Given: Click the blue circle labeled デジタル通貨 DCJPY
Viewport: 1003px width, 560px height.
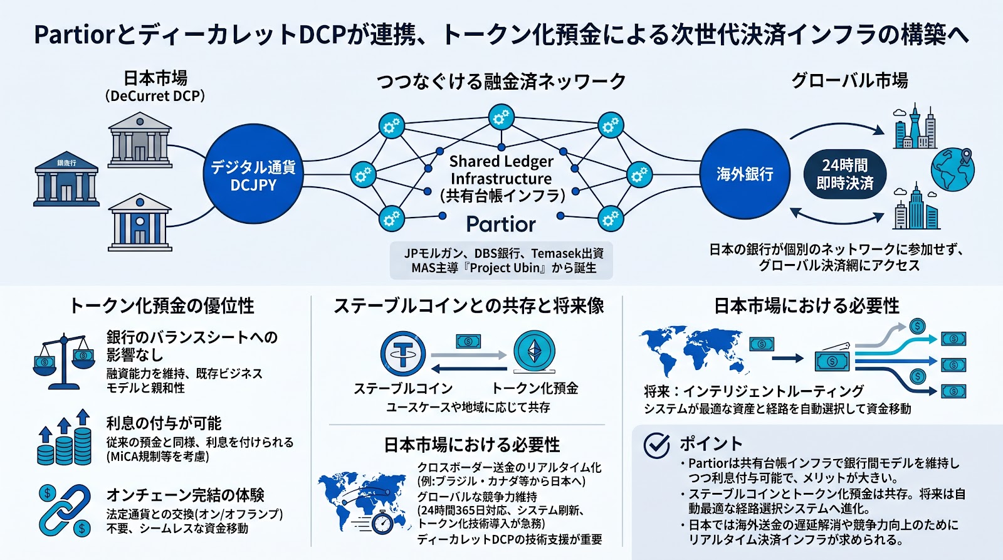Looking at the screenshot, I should pyautogui.click(x=253, y=175).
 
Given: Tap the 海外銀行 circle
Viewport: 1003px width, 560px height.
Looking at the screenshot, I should pyautogui.click(x=745, y=174).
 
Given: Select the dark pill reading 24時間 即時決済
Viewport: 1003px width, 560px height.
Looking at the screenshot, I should pyautogui.click(x=844, y=174).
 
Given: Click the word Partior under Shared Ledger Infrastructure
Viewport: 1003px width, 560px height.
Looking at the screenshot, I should pyautogui.click(x=501, y=224).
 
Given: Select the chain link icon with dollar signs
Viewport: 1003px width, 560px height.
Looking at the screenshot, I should pyautogui.click(x=65, y=510).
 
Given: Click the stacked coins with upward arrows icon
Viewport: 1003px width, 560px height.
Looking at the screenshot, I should pyautogui.click(x=65, y=439).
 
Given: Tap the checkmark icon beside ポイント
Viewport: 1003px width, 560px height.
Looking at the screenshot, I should pyautogui.click(x=657, y=445).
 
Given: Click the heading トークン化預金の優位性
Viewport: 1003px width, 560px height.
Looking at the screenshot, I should pyautogui.click(x=162, y=306).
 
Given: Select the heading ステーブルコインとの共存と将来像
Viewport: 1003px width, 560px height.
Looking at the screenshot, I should pyautogui.click(x=468, y=306).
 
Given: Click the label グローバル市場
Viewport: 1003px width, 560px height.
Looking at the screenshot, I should pyautogui.click(x=849, y=81).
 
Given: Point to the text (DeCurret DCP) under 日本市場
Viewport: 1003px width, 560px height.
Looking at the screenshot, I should pyautogui.click(x=155, y=96).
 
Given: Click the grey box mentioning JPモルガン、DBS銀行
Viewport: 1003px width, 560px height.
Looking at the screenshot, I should pyautogui.click(x=501, y=260).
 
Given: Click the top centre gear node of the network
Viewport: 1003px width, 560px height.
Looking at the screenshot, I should pyautogui.click(x=501, y=117).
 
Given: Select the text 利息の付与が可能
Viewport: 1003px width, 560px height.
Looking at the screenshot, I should pyautogui.click(x=164, y=423).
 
